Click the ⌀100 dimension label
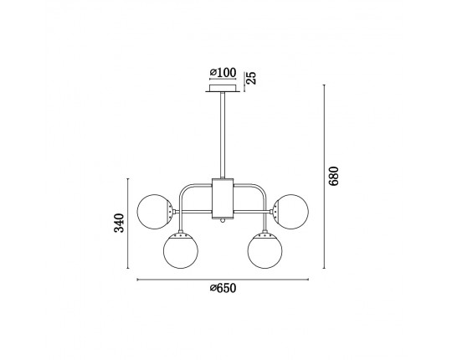tap(223, 73)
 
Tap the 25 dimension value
tap(252, 78)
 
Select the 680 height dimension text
tap(333, 176)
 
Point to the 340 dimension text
tap(119, 223)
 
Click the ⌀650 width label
tap(223, 288)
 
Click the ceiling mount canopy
tap(223, 88)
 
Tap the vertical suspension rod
tap(223, 135)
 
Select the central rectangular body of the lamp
tap(223, 198)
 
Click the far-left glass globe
tap(155, 212)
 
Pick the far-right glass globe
tap(290, 212)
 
